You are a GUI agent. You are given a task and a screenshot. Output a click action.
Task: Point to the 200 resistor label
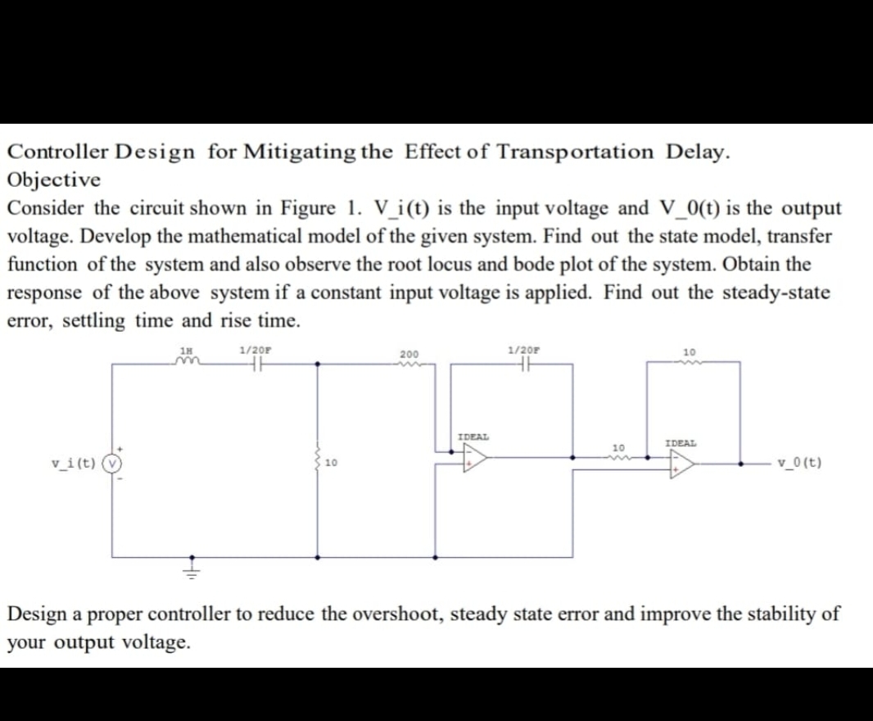[409, 354]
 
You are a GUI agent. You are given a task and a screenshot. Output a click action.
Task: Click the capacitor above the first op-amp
[524, 367]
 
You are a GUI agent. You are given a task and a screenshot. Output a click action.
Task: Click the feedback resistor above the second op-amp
[689, 365]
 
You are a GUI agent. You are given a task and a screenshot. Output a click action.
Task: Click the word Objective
[54, 179]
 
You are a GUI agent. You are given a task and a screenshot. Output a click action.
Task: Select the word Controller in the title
[57, 152]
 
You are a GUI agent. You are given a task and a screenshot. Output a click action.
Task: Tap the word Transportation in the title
[575, 152]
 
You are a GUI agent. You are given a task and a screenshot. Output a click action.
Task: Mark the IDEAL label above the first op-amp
[473, 437]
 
